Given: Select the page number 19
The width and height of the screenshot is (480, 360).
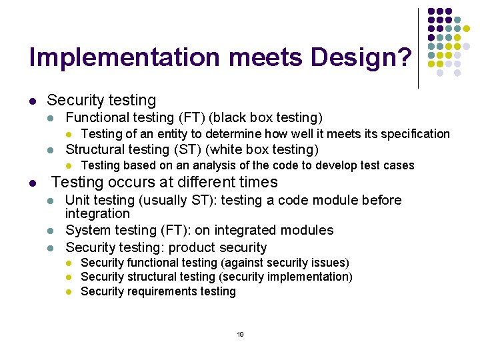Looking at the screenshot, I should click(x=240, y=334).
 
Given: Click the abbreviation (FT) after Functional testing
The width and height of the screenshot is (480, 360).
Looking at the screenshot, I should click(x=191, y=118).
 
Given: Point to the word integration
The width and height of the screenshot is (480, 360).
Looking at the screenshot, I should click(x=97, y=214).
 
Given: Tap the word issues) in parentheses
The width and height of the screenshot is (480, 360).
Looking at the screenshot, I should click(x=331, y=263).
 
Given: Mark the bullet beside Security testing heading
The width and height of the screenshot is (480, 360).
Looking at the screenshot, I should click(x=32, y=101).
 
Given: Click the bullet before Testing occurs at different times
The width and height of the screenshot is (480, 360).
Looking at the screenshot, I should click(x=32, y=183).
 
